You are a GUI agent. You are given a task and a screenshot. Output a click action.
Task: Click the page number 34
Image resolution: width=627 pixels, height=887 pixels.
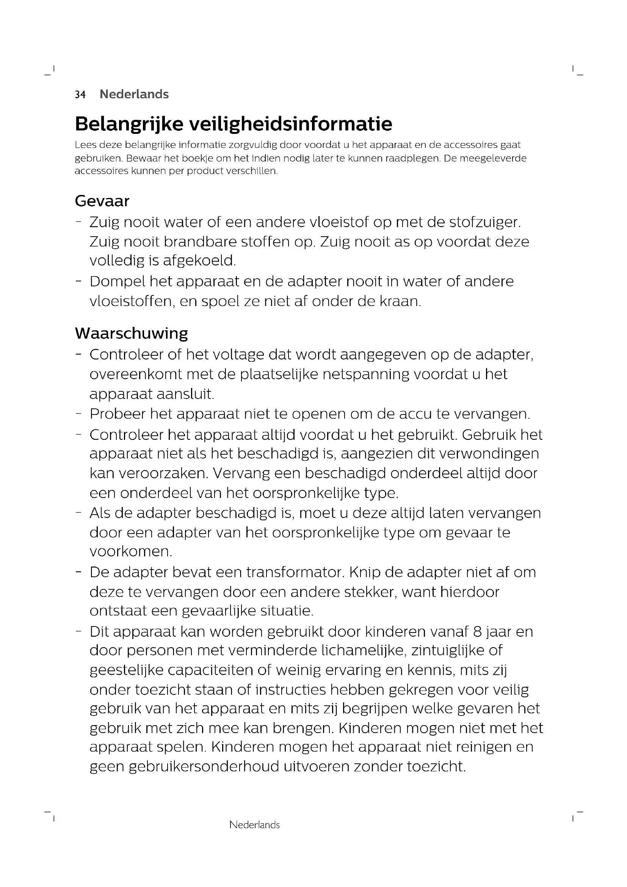tap(80, 95)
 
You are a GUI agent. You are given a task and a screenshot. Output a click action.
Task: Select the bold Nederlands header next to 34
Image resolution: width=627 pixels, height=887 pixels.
tap(134, 94)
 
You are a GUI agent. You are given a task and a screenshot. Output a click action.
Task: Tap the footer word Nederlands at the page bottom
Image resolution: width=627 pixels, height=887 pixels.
tap(254, 825)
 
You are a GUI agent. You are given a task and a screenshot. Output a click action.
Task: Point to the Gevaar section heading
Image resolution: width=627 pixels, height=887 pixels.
tap(102, 201)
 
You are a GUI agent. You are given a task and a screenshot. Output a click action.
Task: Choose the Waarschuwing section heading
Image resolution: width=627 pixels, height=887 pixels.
tap(131, 333)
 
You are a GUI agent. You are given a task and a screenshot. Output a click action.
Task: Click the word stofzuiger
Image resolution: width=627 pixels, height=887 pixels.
tap(485, 223)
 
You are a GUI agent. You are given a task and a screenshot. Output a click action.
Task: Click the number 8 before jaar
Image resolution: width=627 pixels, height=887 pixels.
tap(477, 632)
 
